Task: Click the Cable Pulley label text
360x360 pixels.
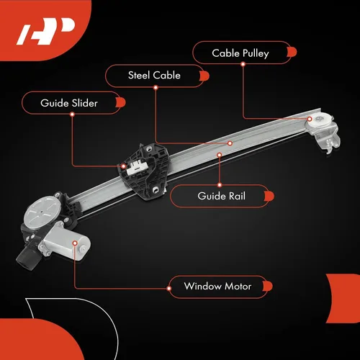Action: coord(240,53)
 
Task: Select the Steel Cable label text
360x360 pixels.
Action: coord(154,76)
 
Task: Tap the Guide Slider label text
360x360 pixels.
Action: coord(69,103)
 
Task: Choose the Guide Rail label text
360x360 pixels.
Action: coord(222,196)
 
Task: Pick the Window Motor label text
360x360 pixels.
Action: coord(217,287)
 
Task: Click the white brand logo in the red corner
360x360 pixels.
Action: coord(46,32)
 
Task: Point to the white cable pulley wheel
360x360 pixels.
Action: coord(320,120)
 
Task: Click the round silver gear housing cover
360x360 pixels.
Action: coord(42,210)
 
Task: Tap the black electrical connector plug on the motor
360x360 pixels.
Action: coord(27,258)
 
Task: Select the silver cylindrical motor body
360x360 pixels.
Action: coord(67,240)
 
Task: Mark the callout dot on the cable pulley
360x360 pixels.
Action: coord(310,119)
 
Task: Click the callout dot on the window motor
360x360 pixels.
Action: coord(75,243)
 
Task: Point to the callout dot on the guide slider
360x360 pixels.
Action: coord(123,166)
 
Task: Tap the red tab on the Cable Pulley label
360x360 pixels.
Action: coord(292,52)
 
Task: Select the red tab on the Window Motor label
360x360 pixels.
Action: coord(268,286)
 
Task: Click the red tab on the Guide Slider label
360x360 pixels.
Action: coord(121,102)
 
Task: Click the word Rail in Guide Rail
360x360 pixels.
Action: coord(237,196)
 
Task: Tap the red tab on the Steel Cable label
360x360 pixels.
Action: coord(204,76)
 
